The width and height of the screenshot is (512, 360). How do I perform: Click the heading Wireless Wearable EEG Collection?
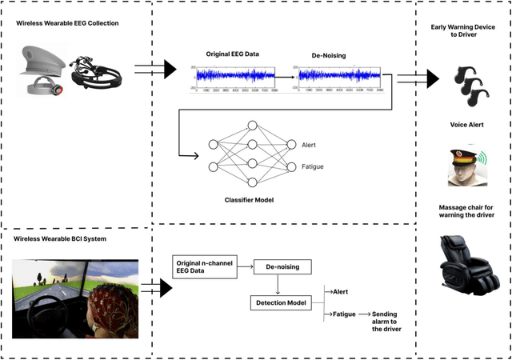67,23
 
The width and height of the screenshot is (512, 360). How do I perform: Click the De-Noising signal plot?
340,75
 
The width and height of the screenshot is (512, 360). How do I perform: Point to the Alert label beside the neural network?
309,145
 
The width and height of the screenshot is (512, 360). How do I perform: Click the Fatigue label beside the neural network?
312,166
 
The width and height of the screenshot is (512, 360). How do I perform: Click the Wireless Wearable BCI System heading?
62,239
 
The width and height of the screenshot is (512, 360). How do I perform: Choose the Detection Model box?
283,303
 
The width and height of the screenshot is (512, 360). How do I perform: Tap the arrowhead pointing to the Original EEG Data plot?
169,70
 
